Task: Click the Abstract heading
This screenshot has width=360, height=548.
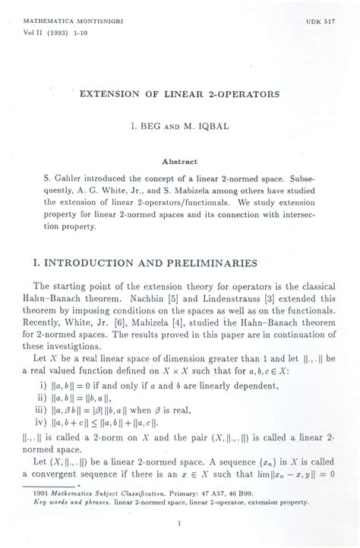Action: point(179,161)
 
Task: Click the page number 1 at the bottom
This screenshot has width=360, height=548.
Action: point(178,522)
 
